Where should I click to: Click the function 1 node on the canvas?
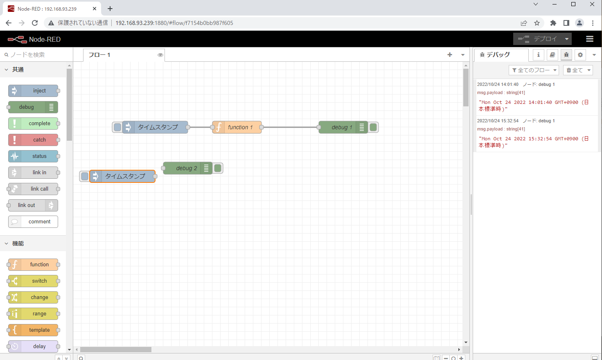coord(237,127)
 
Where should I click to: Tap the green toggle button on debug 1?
coord(373,127)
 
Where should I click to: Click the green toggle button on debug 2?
coord(218,168)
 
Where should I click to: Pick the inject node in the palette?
coord(33,91)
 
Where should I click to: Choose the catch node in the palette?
coord(33,140)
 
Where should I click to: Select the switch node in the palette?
coord(33,281)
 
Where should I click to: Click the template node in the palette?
coord(33,330)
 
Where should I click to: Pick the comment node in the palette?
coord(33,222)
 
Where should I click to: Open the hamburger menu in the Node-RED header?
coord(590,39)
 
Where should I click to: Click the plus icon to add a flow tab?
coord(450,55)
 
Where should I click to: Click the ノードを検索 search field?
coord(37,55)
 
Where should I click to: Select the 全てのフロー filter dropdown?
coord(534,70)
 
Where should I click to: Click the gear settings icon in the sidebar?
coord(580,55)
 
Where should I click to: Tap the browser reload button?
coord(35,23)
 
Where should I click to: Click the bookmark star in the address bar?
coord(537,23)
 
